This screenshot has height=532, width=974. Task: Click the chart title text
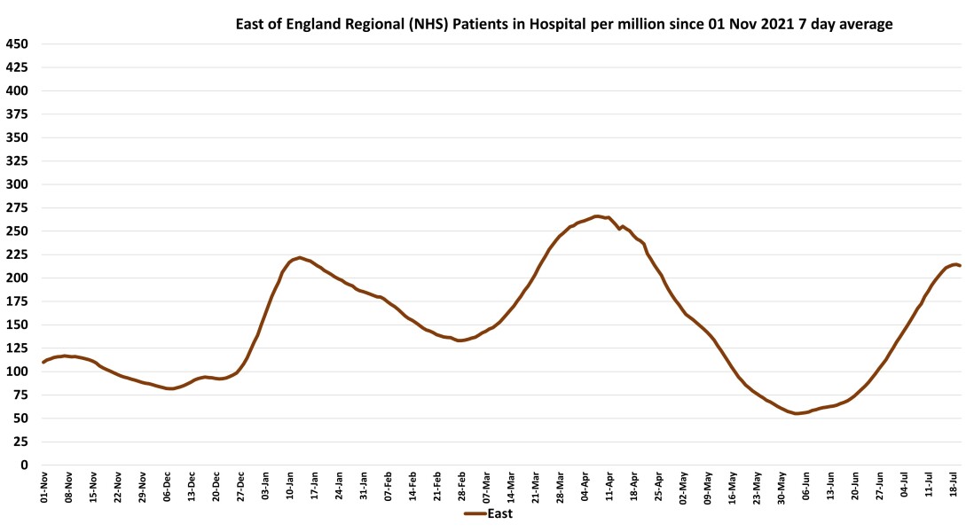click(563, 25)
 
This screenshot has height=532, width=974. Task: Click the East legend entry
click(487, 513)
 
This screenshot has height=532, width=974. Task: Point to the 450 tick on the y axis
click(18, 43)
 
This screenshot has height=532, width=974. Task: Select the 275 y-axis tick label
click(18, 207)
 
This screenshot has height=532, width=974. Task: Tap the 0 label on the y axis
click(25, 465)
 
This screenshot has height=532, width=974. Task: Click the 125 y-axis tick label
click(18, 348)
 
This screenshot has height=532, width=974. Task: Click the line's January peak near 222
click(300, 257)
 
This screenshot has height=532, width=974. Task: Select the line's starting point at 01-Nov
click(43, 362)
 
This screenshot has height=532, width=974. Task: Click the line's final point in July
click(960, 265)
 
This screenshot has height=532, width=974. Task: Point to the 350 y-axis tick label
click(18, 137)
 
